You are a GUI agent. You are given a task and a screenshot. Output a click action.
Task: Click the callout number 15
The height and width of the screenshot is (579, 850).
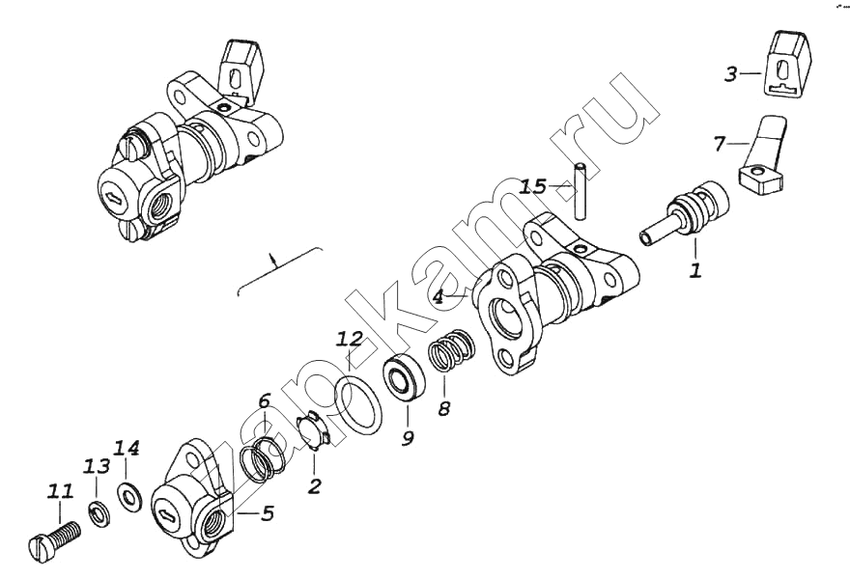[533, 187]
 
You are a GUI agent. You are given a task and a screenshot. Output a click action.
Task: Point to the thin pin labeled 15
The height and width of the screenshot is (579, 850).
[581, 191]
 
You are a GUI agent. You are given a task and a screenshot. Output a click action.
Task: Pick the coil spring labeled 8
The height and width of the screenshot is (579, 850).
[453, 350]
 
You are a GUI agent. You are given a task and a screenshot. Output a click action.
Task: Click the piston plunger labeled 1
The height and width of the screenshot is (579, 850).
[684, 214]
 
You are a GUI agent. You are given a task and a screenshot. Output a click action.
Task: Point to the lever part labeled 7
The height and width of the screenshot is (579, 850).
[762, 157]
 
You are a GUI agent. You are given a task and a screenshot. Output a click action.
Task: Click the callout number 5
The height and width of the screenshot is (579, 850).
[267, 513]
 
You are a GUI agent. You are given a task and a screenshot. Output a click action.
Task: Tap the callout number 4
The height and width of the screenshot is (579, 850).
[438, 297]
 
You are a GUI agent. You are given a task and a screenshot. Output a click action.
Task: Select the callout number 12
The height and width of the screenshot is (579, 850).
[349, 339]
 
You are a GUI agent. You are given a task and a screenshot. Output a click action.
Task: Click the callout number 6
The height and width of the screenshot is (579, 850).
[264, 401]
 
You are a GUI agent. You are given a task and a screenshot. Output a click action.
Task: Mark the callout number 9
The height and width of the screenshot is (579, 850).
[407, 436]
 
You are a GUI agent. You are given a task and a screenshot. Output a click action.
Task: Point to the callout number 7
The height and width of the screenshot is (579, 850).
[720, 144]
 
